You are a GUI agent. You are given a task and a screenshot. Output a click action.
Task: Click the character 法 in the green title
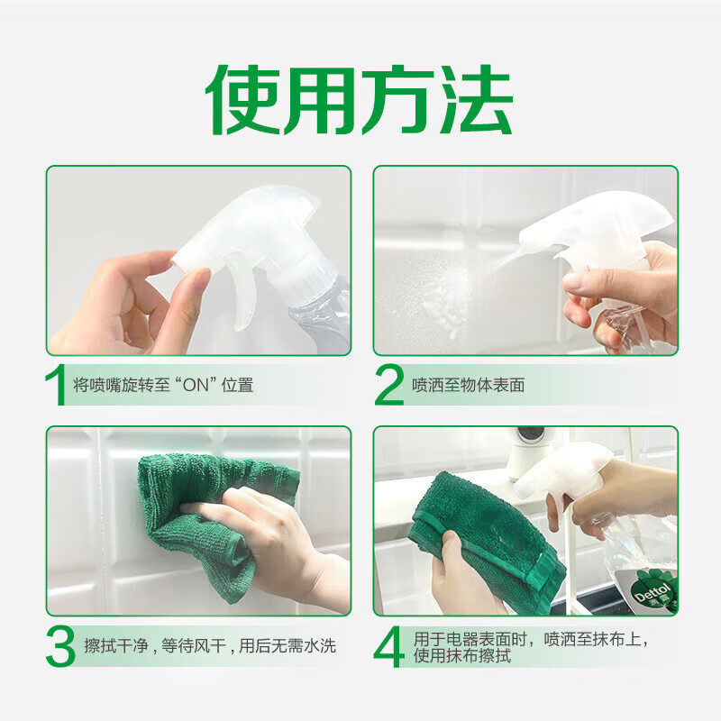click(x=476, y=100)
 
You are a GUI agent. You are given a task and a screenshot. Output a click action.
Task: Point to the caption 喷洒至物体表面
click(x=469, y=386)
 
